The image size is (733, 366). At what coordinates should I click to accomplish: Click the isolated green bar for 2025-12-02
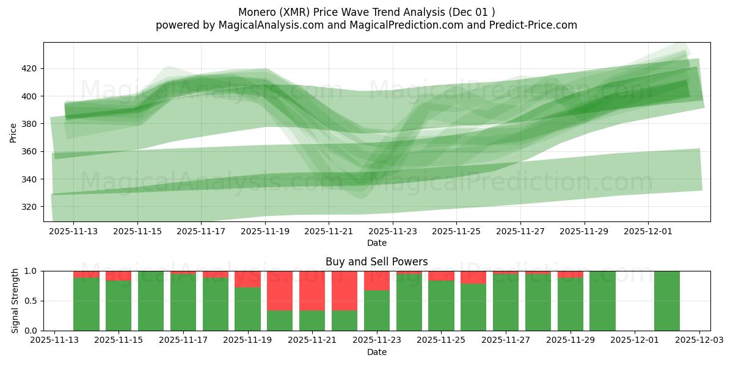(x=666, y=301)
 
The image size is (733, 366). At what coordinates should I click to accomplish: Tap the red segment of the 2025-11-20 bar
(x=280, y=290)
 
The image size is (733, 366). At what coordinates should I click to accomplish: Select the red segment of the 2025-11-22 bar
(x=345, y=290)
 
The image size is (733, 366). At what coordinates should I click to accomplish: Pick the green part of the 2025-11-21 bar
(x=312, y=320)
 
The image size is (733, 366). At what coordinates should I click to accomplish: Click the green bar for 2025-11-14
(x=86, y=304)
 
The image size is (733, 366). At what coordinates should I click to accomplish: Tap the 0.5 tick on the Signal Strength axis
(x=31, y=301)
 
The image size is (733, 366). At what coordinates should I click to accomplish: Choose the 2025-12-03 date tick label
(x=699, y=340)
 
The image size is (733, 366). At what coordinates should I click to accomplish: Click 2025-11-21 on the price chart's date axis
(x=329, y=232)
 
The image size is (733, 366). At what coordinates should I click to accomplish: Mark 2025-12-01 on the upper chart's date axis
(x=648, y=232)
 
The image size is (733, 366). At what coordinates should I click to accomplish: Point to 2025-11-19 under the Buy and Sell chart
(x=247, y=340)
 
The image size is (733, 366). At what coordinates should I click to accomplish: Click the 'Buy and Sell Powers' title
(x=376, y=262)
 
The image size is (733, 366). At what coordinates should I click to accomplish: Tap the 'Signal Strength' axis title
(x=15, y=301)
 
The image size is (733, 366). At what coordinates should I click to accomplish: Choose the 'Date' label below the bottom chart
(x=376, y=352)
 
